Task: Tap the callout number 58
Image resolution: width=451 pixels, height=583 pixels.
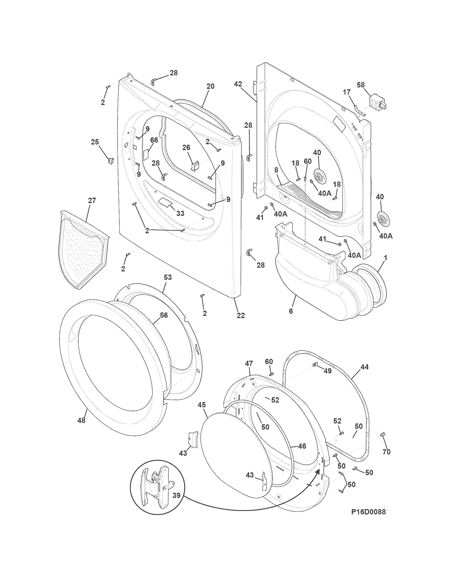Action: tap(361, 85)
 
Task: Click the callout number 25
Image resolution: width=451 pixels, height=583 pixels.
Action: tap(95, 142)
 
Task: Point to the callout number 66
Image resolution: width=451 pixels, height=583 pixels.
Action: tap(154, 140)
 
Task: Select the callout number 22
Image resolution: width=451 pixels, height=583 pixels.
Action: tap(241, 315)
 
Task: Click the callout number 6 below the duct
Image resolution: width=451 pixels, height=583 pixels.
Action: tap(291, 311)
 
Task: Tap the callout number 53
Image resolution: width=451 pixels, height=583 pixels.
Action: tap(167, 277)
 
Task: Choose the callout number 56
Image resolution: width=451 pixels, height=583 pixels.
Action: tap(164, 315)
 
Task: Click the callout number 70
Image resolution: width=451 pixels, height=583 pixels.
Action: tap(387, 452)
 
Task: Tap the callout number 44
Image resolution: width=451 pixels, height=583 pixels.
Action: tap(365, 367)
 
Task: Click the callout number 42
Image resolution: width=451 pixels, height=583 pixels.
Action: tap(237, 84)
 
